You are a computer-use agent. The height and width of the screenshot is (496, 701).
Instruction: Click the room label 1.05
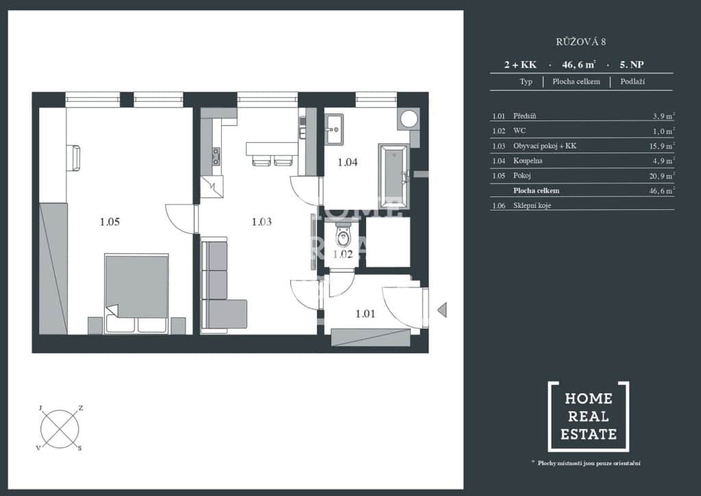pos(110,222)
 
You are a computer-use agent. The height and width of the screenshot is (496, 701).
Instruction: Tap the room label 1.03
pos(262,222)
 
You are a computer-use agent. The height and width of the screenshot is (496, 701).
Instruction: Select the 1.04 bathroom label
pos(347,162)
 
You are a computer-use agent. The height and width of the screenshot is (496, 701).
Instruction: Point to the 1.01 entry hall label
pos(366,314)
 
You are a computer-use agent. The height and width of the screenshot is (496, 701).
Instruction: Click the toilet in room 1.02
pos(343,235)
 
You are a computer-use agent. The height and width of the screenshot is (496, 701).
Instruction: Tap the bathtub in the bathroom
pos(394,176)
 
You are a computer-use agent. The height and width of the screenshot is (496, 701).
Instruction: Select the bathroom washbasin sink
pos(334,129)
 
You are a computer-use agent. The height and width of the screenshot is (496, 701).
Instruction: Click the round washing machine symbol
pos(409,119)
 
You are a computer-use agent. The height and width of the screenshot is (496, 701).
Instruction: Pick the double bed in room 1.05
pos(136,293)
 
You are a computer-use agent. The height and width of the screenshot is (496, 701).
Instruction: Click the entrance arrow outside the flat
pos(442,310)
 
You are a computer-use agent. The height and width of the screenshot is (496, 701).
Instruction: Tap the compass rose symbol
pos(60,428)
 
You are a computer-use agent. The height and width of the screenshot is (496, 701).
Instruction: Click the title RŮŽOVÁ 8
pos(581,42)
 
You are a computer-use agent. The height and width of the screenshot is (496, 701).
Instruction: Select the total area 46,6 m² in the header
pos(578,64)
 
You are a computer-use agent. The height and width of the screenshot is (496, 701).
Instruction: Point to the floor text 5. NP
pos(631,64)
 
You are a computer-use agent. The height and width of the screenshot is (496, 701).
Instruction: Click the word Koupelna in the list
pos(528,160)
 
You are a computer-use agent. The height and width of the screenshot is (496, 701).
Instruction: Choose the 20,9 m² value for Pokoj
pos(662,176)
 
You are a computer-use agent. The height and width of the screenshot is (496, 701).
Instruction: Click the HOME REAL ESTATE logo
pos(588,417)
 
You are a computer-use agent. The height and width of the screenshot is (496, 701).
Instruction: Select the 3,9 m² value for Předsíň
pos(663,116)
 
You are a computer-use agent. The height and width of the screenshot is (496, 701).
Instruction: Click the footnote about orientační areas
pos(586,463)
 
